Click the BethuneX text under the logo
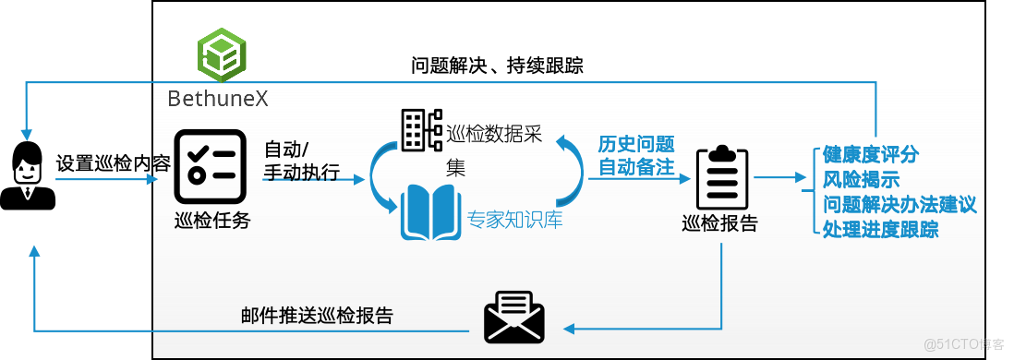pyautogui.click(x=219, y=98)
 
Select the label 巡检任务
pyautogui.click(x=212, y=221)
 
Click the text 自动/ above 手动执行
pyautogui.click(x=287, y=150)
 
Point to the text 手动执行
pyautogui.click(x=302, y=173)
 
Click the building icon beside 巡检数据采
pyautogui.click(x=421, y=131)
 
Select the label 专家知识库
pyautogui.click(x=515, y=221)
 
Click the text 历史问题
pyautogui.click(x=636, y=145)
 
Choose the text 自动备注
pyautogui.click(x=636, y=167)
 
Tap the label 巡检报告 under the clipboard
pyautogui.click(x=719, y=223)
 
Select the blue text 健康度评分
pyautogui.click(x=871, y=154)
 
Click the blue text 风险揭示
pyautogui.click(x=861, y=179)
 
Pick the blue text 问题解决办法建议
pyautogui.click(x=899, y=204)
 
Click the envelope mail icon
pyautogui.click(x=514, y=318)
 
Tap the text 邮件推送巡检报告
pyautogui.click(x=317, y=316)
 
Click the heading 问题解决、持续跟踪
pyautogui.click(x=497, y=66)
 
